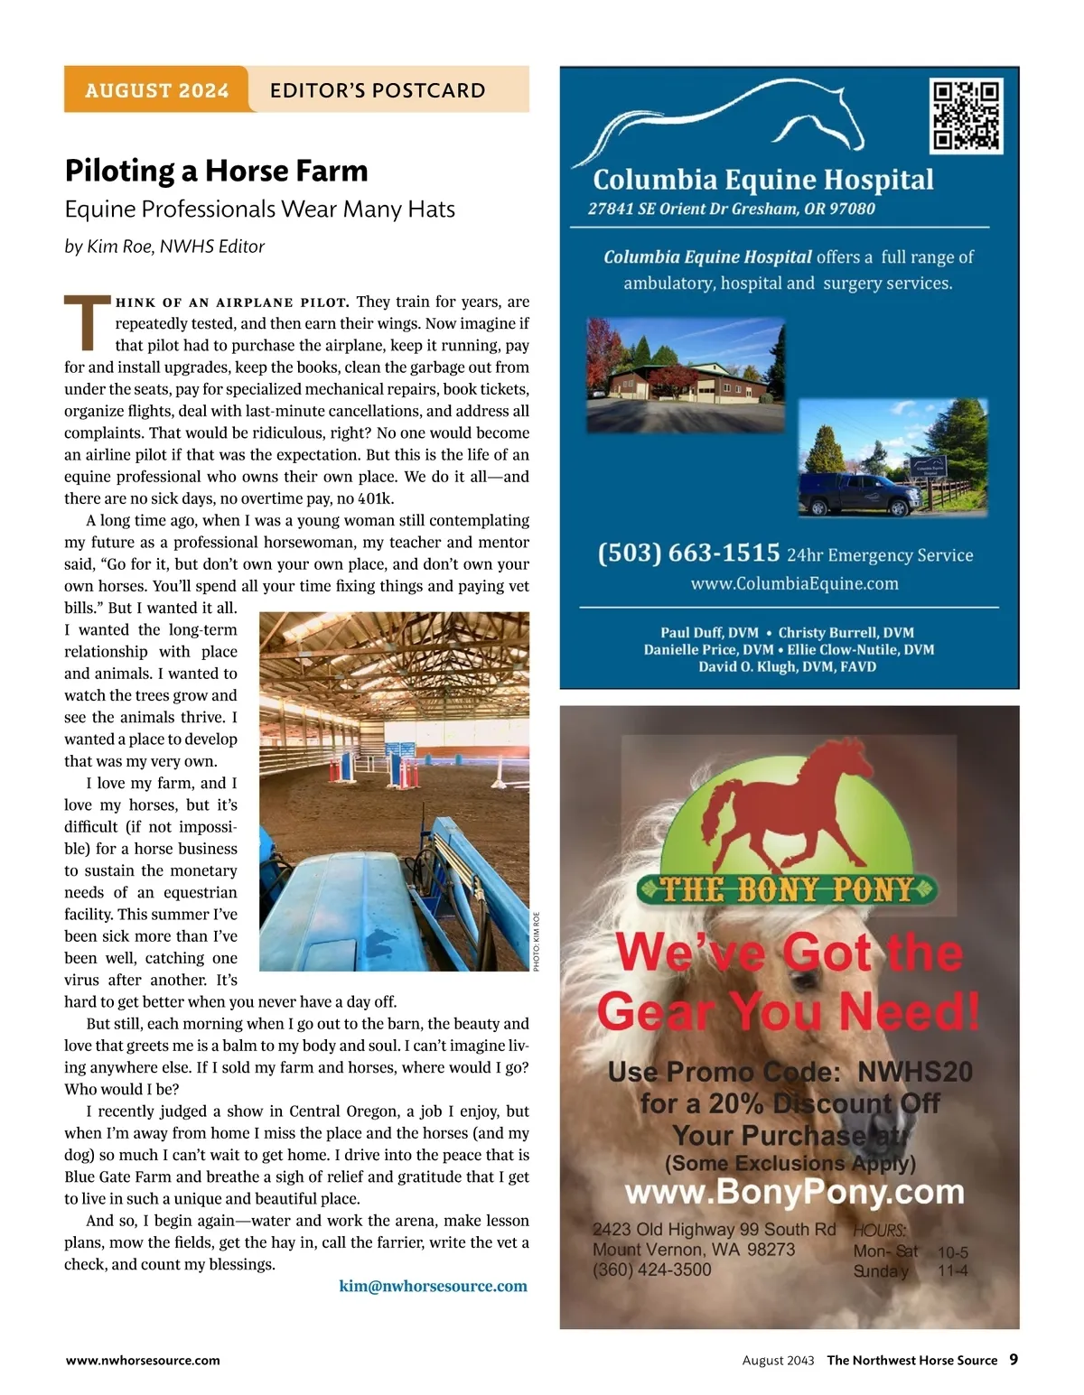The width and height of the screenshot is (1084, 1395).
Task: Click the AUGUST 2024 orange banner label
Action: [156, 90]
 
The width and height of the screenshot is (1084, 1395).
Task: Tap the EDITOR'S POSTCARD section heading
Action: [378, 90]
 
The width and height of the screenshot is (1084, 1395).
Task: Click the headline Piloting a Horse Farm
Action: [216, 171]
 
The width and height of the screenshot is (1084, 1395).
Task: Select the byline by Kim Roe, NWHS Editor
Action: [164, 246]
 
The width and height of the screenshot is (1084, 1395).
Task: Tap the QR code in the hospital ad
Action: [966, 115]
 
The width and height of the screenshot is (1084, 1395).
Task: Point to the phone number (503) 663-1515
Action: [688, 553]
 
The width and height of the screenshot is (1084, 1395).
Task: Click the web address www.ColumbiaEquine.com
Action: [795, 583]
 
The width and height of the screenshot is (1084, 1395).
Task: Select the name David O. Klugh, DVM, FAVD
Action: [788, 666]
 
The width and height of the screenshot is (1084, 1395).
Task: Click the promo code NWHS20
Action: [914, 1072]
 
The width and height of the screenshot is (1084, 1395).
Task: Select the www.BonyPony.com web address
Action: [795, 1192]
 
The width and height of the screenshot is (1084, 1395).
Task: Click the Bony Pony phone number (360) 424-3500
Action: [652, 1269]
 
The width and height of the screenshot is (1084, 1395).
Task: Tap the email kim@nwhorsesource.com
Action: [434, 1286]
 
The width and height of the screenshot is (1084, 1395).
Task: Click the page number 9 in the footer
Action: [1014, 1359]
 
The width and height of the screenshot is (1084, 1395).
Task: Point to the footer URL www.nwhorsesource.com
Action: [143, 1360]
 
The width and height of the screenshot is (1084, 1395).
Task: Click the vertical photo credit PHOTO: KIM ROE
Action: [536, 942]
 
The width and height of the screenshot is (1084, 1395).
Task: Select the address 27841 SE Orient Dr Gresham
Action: [732, 209]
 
